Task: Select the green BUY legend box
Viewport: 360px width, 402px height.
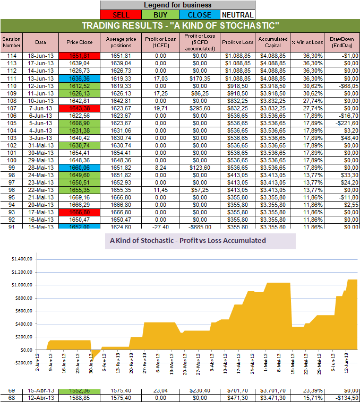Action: (x=159, y=15)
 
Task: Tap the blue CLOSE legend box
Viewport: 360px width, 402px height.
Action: (x=199, y=15)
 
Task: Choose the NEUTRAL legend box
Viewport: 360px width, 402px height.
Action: (x=237, y=15)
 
